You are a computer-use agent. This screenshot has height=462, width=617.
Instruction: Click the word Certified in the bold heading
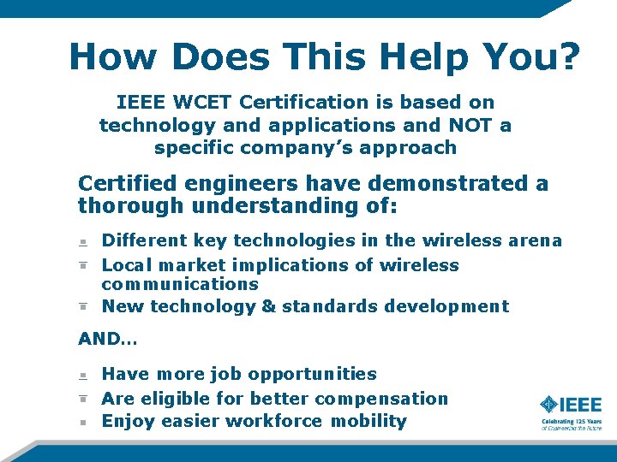127,183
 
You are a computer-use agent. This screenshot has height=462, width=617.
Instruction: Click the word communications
180,283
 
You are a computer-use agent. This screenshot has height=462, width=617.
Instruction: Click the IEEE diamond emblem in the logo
549,404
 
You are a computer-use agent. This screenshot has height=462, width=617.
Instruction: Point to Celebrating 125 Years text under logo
571,421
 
